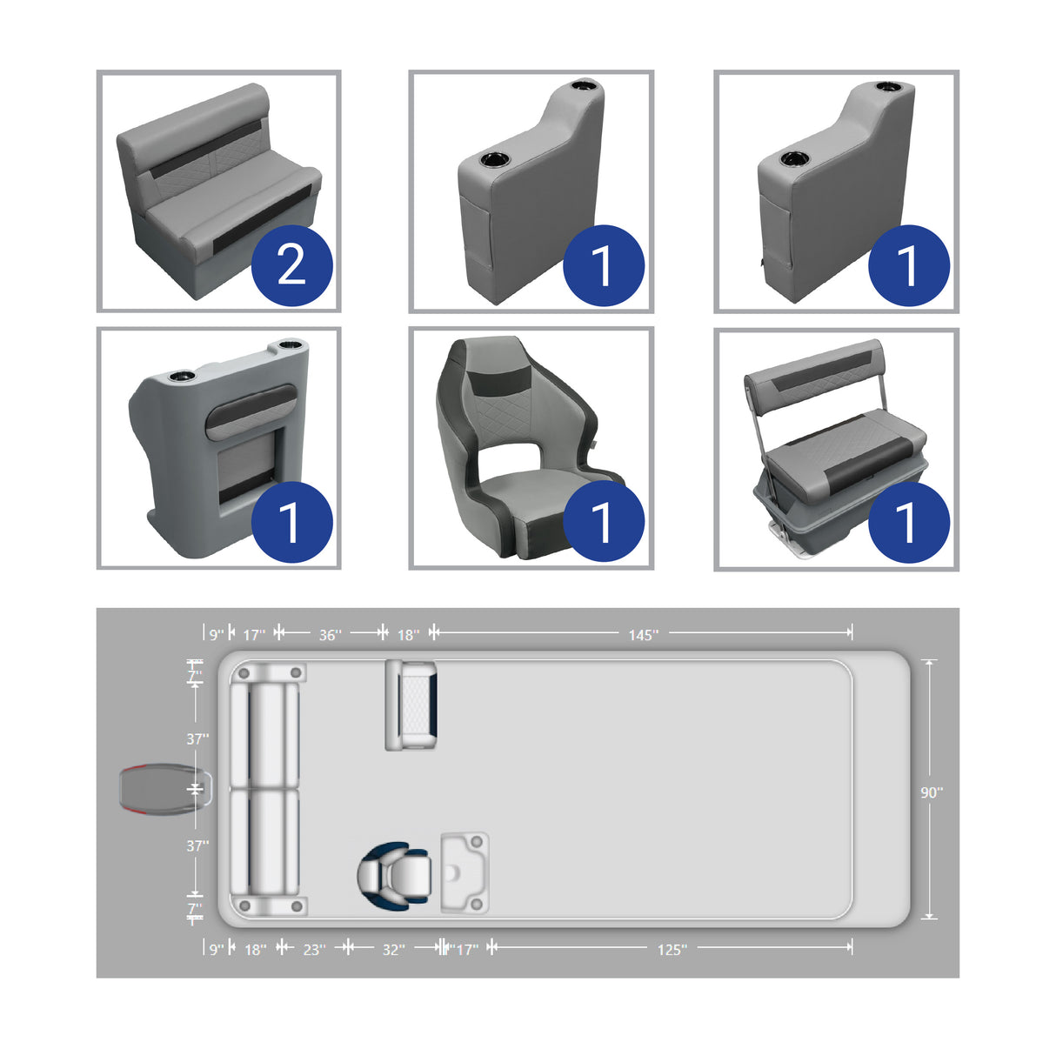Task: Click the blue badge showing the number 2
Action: (291, 265)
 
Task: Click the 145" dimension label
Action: (643, 635)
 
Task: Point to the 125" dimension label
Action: (672, 950)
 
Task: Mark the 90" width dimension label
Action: (931, 792)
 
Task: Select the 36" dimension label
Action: (330, 635)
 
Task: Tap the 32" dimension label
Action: (393, 950)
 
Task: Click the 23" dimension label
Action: (314, 950)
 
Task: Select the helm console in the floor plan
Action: (465, 872)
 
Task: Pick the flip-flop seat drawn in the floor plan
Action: (411, 705)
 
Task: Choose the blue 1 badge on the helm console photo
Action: (291, 522)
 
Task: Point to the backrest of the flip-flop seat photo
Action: (813, 372)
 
